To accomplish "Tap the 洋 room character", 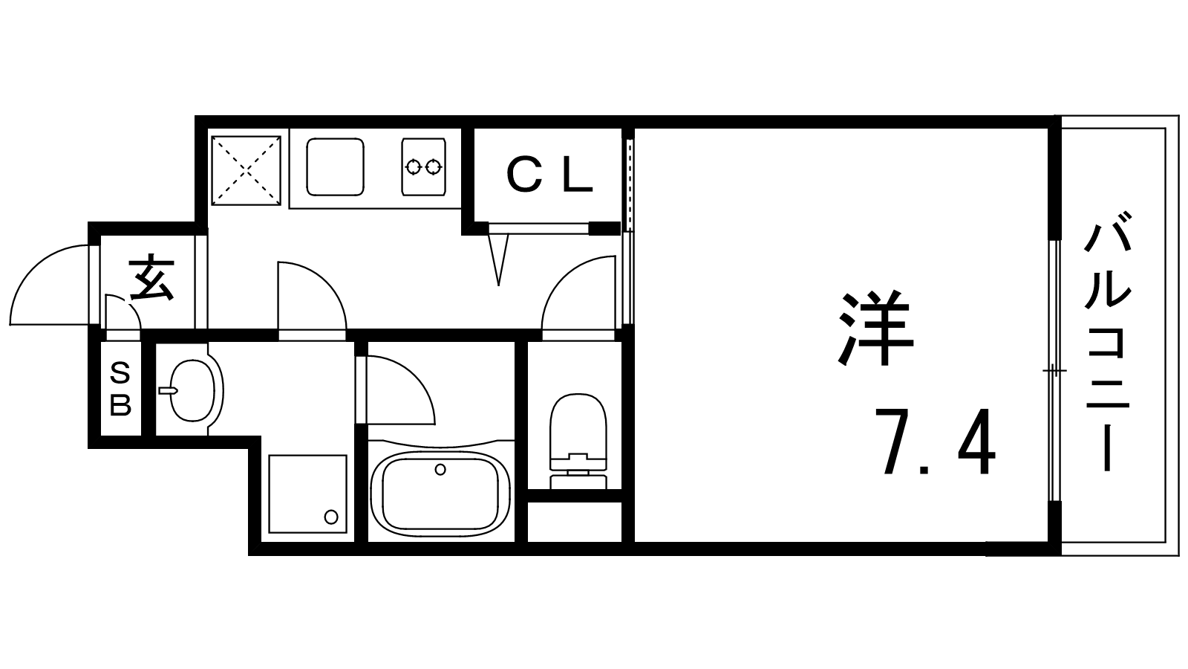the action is (x=875, y=329).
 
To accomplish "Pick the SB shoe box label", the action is (x=120, y=390).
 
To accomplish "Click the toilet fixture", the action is (x=578, y=441).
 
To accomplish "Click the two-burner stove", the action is (x=423, y=167).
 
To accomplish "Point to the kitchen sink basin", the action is (x=335, y=167).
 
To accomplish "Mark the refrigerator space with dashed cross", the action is (x=246, y=170).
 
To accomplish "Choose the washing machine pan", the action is (x=307, y=494).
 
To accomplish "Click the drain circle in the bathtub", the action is (x=440, y=469).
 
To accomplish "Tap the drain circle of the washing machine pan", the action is (x=331, y=517).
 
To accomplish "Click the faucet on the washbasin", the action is (x=168, y=391).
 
